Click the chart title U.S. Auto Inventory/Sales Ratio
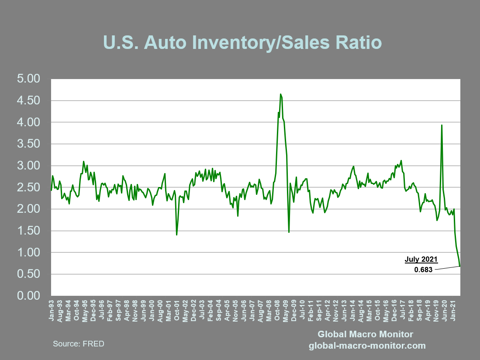pos(242,43)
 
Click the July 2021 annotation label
pos(421,260)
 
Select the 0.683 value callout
pos(423,270)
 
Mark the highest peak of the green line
pos(280,94)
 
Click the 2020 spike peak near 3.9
pos(442,125)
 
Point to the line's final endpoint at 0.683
pos(460,266)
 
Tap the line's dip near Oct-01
pos(176,235)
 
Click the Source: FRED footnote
pos(79,344)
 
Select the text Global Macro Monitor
pos(365,334)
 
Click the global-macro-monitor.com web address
pos(367,346)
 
